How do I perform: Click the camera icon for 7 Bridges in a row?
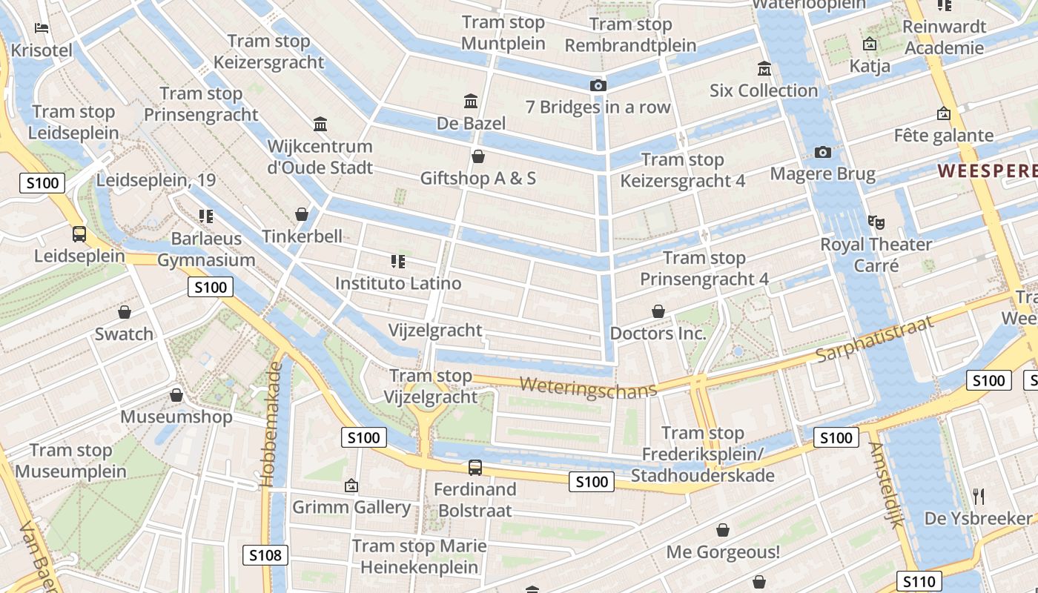point(598,86)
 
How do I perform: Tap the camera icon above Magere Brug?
point(822,153)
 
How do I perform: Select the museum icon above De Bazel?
point(471,101)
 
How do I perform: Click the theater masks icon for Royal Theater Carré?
point(876,222)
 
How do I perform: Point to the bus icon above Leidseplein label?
point(79,234)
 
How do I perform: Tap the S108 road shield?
point(265,555)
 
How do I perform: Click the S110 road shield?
point(919,582)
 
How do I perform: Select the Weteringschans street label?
point(588,388)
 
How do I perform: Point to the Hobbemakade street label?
point(272,425)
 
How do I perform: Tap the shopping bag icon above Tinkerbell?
point(302,214)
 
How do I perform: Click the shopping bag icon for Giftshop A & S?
point(478,156)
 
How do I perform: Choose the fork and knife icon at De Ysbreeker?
point(979,496)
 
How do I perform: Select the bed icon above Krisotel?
point(42,29)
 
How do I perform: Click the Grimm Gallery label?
point(351,508)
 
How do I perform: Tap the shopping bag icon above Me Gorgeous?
point(723,530)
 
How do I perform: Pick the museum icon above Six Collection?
point(764,69)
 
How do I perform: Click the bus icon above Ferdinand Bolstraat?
point(475,468)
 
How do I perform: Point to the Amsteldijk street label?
point(887,485)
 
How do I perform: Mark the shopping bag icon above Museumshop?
point(176,395)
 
